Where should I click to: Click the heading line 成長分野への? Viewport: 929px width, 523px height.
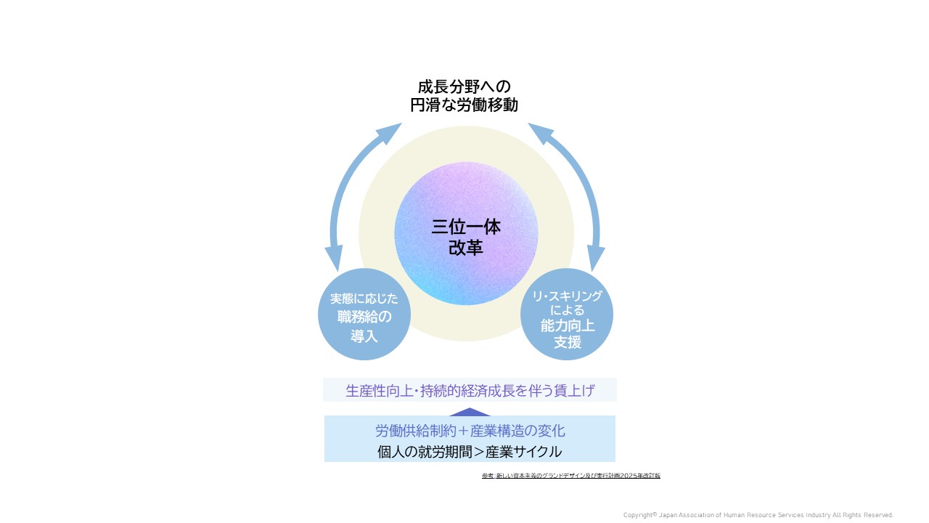(464, 86)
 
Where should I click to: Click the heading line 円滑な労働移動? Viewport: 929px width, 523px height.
(464, 105)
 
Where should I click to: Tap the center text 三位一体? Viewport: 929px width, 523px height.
(466, 227)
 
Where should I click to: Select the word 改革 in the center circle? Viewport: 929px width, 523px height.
(466, 248)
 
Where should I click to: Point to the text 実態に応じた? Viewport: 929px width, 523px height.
(364, 299)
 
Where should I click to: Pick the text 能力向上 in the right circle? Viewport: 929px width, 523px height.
(568, 325)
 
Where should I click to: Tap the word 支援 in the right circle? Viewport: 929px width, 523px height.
(568, 342)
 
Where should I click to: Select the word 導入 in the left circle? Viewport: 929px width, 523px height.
(364, 335)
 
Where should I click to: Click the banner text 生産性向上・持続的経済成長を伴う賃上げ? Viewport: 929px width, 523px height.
(470, 390)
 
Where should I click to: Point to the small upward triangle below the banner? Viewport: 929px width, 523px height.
(470, 412)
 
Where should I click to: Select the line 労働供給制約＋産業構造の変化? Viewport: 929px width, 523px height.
(470, 430)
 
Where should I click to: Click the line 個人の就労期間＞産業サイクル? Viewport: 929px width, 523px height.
(470, 451)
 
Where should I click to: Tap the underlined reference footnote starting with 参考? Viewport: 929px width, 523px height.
(570, 476)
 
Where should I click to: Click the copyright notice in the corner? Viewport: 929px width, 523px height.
(758, 514)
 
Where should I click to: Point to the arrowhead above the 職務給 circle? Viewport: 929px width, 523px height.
(334, 259)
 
